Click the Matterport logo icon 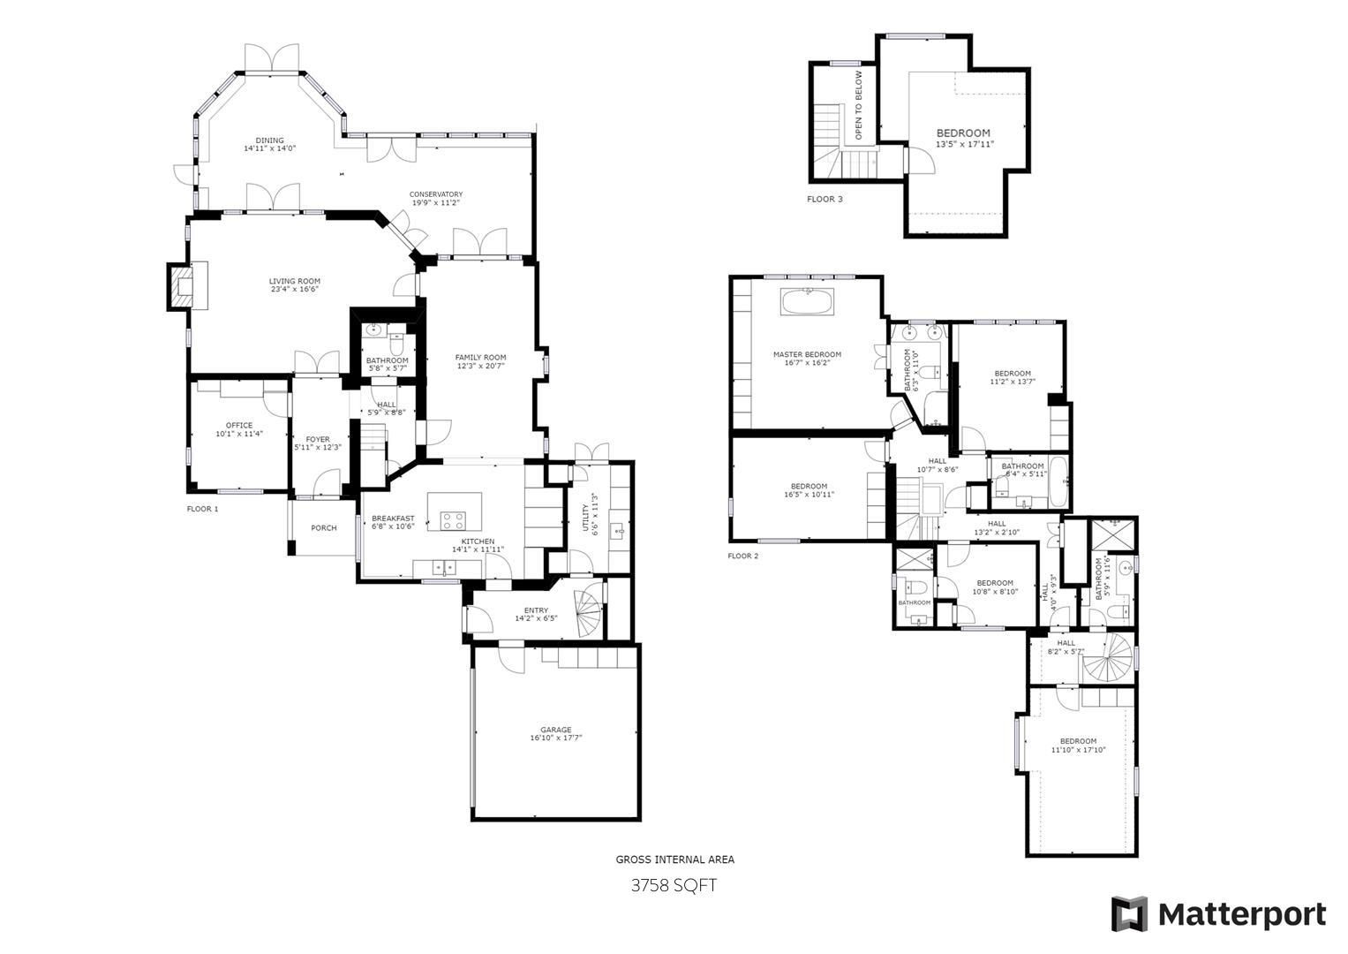[1129, 913]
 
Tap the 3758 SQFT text [674, 885]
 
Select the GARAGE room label [556, 730]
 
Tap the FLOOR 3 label [825, 200]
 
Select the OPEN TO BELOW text [858, 105]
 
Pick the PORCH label [324, 528]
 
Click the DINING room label [270, 140]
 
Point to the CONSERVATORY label [436, 194]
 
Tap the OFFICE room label [238, 426]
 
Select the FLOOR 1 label [202, 509]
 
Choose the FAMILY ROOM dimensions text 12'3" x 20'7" [481, 367]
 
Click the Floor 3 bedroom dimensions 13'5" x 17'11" [965, 144]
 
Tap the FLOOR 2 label [742, 556]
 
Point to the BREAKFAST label [393, 519]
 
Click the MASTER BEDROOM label [807, 354]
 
